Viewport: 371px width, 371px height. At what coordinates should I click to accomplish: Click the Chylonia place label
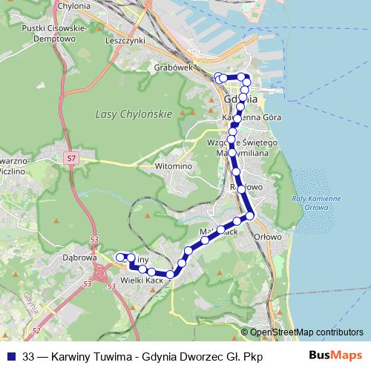point(72,4)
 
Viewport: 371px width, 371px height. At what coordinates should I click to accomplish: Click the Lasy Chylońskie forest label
point(134,114)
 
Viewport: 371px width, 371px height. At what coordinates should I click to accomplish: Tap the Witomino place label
point(174,166)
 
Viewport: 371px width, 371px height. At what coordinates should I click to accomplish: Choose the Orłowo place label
point(267,237)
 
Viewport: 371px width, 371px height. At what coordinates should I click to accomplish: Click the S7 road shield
point(71,158)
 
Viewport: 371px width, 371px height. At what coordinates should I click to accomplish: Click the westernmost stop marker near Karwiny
point(121,257)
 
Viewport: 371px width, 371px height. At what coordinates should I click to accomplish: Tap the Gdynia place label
point(241,99)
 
